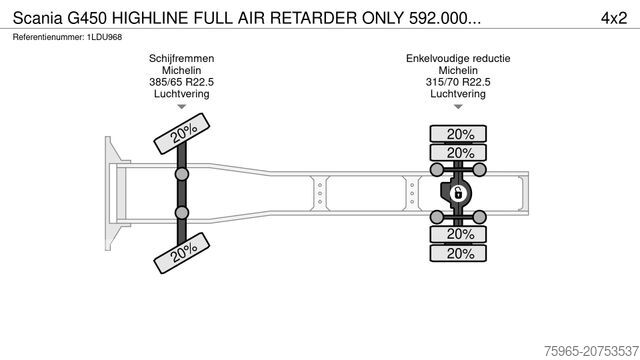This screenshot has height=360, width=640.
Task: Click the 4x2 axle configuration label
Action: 612,17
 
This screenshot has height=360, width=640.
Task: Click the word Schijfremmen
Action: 180,59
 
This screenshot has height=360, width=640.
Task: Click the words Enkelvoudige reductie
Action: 458,59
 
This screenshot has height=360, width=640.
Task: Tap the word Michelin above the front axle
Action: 180,71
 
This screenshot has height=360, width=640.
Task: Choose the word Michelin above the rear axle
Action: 458,71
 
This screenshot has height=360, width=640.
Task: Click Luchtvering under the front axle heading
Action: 180,94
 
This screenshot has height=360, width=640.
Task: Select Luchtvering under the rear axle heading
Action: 458,94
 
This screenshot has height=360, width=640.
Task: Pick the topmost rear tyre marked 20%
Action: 460,135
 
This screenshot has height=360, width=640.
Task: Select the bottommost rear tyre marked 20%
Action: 460,253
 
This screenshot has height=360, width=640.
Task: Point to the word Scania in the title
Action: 37,17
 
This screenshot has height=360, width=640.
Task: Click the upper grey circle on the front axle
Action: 182,174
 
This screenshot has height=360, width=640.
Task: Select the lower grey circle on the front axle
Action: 182,213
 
